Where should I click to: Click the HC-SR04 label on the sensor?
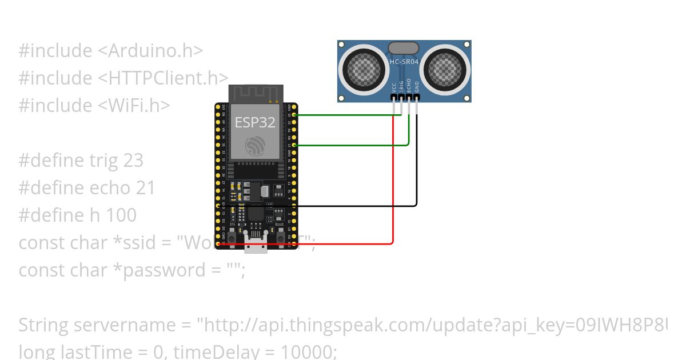(404, 61)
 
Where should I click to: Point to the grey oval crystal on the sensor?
(403, 48)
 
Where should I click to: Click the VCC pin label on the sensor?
(394, 87)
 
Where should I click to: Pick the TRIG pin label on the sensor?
(402, 86)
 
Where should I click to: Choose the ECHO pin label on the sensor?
(409, 86)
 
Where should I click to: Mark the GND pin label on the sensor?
(417, 87)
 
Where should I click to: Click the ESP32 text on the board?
(255, 122)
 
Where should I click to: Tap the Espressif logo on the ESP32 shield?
(256, 146)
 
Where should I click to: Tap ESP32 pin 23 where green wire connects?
(294, 115)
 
